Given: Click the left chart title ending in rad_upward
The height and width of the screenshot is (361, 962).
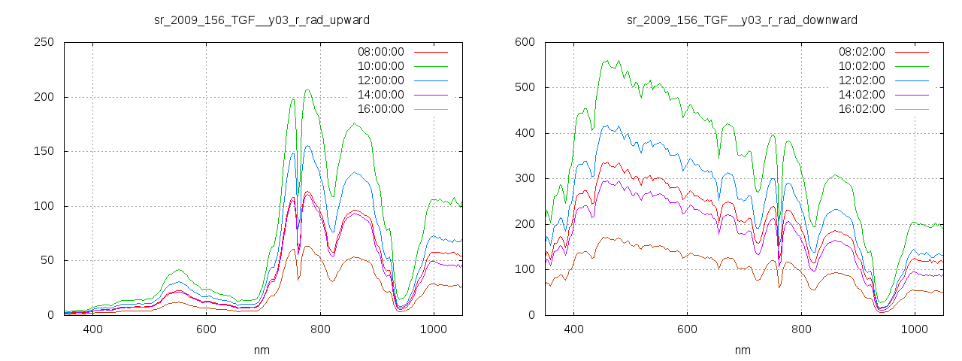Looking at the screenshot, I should coord(262,20).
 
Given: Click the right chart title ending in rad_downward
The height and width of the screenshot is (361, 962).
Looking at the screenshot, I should coord(743,20).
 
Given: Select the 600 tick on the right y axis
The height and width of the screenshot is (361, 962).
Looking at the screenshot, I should coord(525,42).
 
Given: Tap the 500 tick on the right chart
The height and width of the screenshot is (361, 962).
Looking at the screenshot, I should coord(525,87).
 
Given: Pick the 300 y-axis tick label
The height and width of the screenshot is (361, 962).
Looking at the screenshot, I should coord(525,178).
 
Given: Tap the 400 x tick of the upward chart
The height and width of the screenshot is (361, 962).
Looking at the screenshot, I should coord(92,329).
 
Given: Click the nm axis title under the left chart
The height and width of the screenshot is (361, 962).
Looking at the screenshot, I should coord(262,350).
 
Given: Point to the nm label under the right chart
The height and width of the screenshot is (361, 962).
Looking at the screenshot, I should coord(743,350).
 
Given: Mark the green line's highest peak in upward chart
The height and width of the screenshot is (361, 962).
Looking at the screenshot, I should coord(307,89).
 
